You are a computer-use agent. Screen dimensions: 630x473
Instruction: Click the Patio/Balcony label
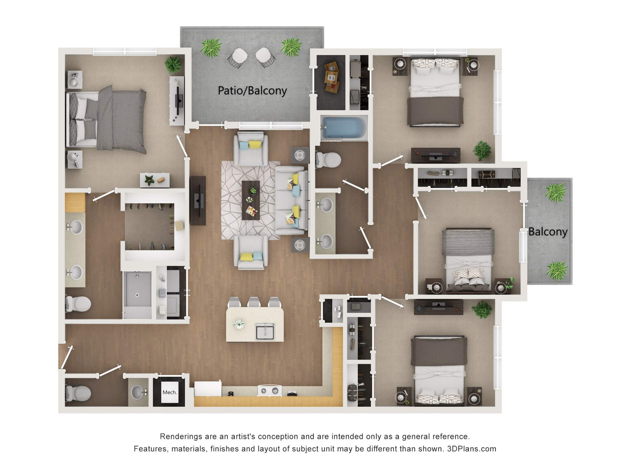coord(252,91)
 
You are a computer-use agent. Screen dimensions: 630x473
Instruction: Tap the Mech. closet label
coord(170,392)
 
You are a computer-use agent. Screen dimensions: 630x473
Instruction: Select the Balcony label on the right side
coord(548,232)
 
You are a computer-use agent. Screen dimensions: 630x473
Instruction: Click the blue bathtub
coord(343,128)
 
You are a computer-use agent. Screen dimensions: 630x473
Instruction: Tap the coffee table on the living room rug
coord(251,200)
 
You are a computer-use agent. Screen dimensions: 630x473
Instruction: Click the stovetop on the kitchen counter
coord(270,390)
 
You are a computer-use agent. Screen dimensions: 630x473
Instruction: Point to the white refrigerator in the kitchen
coord(208,389)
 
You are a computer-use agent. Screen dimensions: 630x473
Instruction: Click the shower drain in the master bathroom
coord(137,295)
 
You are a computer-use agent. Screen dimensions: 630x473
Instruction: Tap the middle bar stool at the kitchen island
coord(254,302)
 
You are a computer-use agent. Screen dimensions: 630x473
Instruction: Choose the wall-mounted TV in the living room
coord(198,201)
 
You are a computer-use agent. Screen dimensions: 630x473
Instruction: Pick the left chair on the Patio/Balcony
coord(238,58)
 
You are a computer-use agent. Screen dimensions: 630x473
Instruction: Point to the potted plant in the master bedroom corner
coord(173,64)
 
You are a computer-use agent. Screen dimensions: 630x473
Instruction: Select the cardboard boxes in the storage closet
coord(331,78)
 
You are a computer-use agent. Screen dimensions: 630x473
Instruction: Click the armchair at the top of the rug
coord(251,149)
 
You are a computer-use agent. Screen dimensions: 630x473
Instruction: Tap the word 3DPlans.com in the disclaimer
coord(472,449)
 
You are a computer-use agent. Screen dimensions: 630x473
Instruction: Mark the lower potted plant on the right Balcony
coord(557,271)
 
